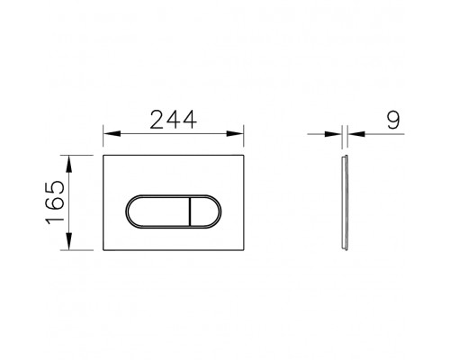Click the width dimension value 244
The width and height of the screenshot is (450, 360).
[176, 117]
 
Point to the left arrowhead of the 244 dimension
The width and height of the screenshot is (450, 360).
[109, 135]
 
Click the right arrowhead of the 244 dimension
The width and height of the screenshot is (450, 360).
[243, 135]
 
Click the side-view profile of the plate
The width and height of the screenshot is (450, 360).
[346, 203]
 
